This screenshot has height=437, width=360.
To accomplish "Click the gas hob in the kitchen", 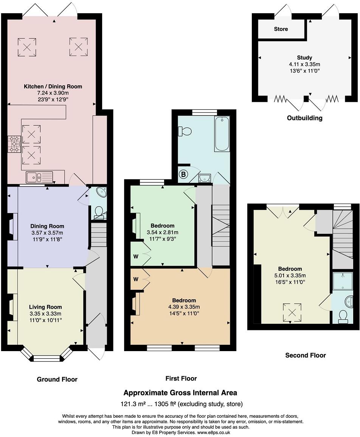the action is pyautogui.click(x=14, y=144).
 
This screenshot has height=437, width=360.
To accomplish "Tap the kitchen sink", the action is pyautogui.click(x=39, y=177).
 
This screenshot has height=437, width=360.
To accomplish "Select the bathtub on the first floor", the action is pyautogui.click(x=222, y=134).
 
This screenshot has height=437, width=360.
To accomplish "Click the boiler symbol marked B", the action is pyautogui.click(x=183, y=174).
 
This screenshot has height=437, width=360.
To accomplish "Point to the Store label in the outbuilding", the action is pyautogui.click(x=281, y=29).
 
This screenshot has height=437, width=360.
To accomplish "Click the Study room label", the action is pyautogui.click(x=304, y=58).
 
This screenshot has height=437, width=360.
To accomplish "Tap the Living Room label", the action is pyautogui.click(x=45, y=307).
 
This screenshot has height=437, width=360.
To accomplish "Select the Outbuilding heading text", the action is pyautogui.click(x=304, y=118).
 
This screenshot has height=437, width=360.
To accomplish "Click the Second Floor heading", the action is pyautogui.click(x=306, y=355).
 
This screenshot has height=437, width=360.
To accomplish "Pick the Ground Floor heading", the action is pyautogui.click(x=57, y=379).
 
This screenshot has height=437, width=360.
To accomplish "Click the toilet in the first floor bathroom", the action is pyautogui.click(x=185, y=131).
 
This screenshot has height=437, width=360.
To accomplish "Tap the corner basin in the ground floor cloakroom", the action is pyautogui.click(x=101, y=192).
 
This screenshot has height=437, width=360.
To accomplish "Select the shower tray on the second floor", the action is pyautogui.click(x=343, y=281).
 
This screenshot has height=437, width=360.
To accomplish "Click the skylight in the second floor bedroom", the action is pyautogui.click(x=292, y=313).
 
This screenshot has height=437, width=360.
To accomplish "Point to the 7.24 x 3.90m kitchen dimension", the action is pyautogui.click(x=53, y=93).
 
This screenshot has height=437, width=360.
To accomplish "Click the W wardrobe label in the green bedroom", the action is pyautogui.click(x=136, y=257).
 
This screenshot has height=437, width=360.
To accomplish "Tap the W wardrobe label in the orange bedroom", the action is pyautogui.click(x=136, y=279).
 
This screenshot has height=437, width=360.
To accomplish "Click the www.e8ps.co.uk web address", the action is pyautogui.click(x=214, y=432).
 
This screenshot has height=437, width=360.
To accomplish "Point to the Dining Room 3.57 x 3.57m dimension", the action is pyautogui.click(x=47, y=233).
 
